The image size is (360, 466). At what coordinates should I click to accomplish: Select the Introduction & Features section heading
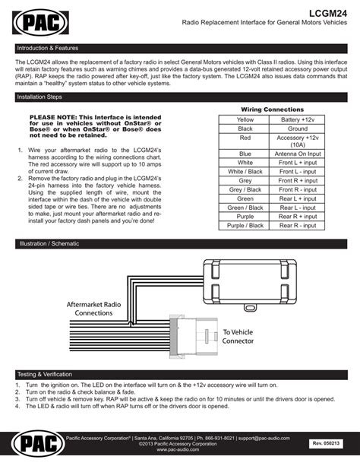tap(48, 47)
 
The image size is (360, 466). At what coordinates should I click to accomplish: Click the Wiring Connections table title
tap(271, 109)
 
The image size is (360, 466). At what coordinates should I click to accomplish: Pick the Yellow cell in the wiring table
tap(245, 120)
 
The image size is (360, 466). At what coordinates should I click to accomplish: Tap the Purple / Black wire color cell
tap(245, 225)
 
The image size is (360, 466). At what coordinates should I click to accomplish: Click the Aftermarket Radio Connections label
tap(95, 308)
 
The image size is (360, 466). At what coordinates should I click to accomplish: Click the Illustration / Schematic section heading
tap(50, 244)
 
